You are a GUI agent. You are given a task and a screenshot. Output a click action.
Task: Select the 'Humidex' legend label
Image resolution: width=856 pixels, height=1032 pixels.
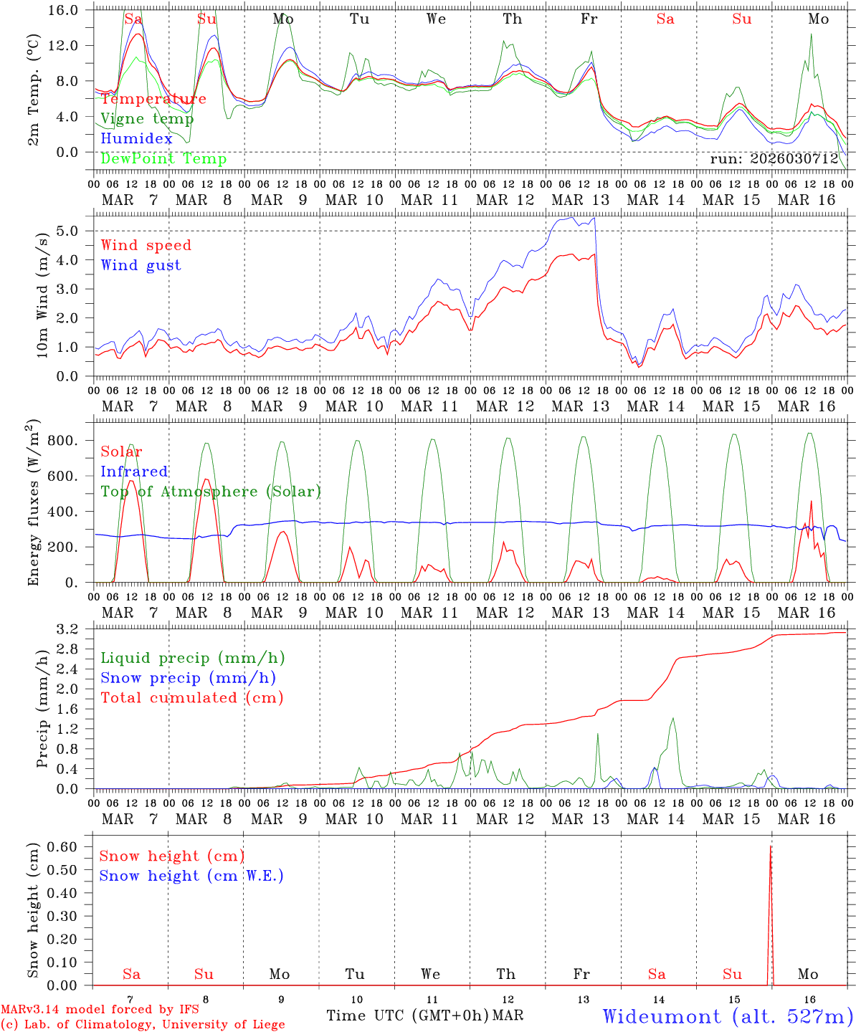click(x=136, y=139)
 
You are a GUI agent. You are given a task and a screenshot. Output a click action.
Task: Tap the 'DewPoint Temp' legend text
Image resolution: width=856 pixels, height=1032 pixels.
click(x=163, y=159)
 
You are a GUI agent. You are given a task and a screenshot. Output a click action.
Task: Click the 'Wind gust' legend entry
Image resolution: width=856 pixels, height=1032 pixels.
click(x=141, y=265)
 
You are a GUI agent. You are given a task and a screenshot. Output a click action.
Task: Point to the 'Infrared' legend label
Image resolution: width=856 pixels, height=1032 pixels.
click(x=134, y=472)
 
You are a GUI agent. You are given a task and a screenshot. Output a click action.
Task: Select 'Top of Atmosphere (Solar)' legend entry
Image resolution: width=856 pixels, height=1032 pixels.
click(x=210, y=492)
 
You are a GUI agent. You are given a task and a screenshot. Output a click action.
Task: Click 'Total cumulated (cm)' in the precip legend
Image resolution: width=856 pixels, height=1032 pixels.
click(x=191, y=698)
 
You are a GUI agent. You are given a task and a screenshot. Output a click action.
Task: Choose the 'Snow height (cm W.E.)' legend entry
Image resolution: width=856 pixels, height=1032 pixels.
click(x=191, y=876)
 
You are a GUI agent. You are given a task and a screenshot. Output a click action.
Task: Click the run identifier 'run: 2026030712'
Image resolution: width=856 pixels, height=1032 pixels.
click(x=774, y=159)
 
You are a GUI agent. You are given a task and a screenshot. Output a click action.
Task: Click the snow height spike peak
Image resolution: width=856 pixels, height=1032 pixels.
click(x=771, y=847)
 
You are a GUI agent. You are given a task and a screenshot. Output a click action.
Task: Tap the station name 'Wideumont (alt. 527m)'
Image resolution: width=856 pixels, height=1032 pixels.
click(x=727, y=1016)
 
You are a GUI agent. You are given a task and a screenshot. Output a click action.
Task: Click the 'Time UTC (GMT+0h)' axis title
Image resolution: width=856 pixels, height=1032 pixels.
click(x=408, y=1016)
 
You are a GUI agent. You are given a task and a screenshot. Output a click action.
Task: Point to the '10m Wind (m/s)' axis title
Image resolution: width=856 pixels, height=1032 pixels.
click(x=42, y=295)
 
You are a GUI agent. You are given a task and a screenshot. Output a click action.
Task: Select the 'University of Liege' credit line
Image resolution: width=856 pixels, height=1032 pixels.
click(x=143, y=1025)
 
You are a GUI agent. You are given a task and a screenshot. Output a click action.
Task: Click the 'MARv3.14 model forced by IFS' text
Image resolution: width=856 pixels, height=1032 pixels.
click(x=100, y=1010)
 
